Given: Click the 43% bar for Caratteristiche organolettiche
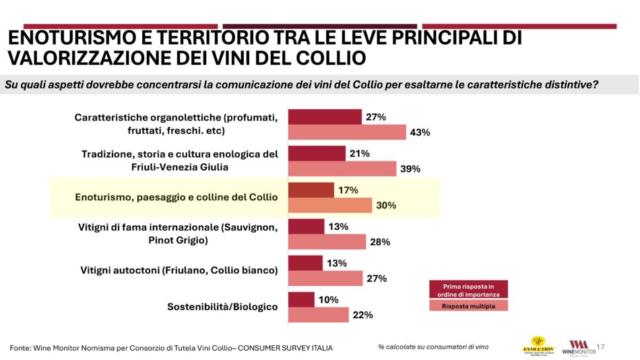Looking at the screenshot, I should point(347,132).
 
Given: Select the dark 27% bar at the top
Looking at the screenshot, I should point(325,117).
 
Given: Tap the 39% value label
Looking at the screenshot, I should point(410,169).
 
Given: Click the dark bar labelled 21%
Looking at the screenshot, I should point(317,153).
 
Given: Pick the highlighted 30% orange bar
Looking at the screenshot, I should point(330,206).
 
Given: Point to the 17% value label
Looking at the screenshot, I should point(348,191).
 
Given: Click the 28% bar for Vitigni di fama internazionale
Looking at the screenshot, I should point(327,242).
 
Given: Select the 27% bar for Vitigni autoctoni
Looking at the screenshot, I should point(325,278).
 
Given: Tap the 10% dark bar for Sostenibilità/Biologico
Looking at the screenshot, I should point(301,299).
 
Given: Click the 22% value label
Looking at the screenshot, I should point(362,315).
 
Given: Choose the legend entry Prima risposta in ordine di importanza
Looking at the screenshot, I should point(468,289).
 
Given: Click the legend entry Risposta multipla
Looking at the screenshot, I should point(468,305).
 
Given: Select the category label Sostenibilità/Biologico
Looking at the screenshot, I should point(222,307).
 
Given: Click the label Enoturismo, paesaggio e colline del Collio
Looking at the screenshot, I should point(177,198).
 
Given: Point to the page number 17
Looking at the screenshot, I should point(601,347).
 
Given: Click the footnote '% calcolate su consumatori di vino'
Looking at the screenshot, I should point(433,347).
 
